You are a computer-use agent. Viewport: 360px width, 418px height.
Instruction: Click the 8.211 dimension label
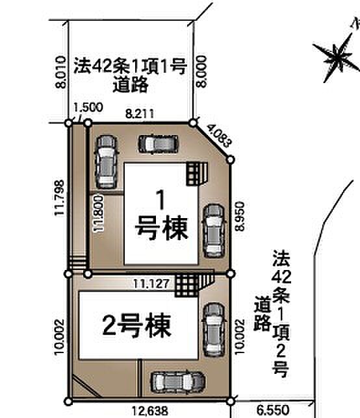pyautogui.click(x=140, y=114)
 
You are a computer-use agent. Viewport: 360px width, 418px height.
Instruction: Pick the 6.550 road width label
pyautogui.click(x=272, y=410)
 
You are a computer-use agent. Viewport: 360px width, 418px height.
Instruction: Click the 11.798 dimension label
pyautogui.click(x=60, y=197)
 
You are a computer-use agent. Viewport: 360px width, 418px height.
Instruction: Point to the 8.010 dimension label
pyautogui.click(x=60, y=71)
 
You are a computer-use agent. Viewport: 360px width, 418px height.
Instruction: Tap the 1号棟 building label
pyautogui.click(x=161, y=214)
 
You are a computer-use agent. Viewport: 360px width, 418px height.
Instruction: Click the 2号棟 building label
pyautogui.click(x=137, y=325)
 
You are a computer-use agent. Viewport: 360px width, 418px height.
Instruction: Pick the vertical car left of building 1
pyautogui.click(x=105, y=162)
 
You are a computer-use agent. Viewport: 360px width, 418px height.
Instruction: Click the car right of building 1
pyautogui.click(x=212, y=231)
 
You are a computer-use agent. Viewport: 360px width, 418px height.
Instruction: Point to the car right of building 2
pyautogui.click(x=212, y=329)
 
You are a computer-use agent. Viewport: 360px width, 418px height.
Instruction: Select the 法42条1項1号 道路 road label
pyautogui.click(x=131, y=74)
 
